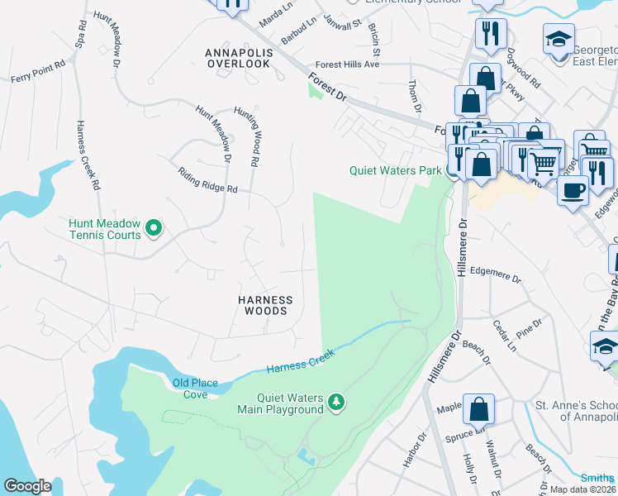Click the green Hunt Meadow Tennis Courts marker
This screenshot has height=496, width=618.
tap(153, 227)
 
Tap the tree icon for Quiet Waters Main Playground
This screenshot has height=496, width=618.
tap(336, 403)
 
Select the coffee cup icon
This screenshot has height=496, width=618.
tap(571, 190)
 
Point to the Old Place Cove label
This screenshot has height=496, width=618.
tap(190, 389)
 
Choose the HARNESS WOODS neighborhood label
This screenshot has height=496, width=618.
tap(266, 305)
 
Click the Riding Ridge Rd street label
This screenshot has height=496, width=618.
tap(208, 181)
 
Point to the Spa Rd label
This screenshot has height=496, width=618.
tap(81, 36)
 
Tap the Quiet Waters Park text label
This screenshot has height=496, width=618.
tap(395, 171)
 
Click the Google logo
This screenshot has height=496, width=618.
tap(27, 485)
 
